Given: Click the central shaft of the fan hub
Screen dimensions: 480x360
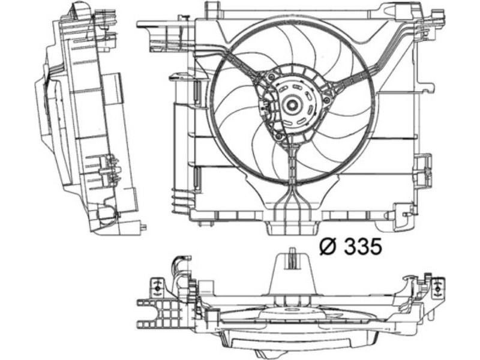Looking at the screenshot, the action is tap(291, 105).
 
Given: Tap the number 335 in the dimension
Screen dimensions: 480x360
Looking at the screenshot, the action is tap(363, 247).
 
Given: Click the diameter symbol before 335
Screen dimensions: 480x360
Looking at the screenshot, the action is tap(328, 247).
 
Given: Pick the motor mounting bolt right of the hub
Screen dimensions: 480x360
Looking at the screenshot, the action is tap(326, 100).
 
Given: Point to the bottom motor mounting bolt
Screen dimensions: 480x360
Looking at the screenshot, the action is tap(278, 137).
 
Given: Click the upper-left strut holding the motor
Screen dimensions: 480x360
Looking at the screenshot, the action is tap(242, 63).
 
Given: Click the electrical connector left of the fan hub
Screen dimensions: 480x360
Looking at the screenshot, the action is tap(265, 108).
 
